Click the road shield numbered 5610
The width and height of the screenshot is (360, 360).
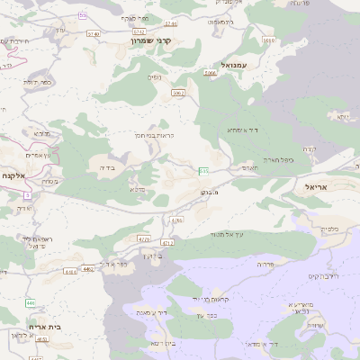pos(268,40)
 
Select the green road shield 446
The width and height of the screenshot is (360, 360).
pos(30,301)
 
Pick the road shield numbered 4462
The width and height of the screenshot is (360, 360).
pos(87,268)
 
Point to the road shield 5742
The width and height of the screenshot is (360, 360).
pos(113,31)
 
